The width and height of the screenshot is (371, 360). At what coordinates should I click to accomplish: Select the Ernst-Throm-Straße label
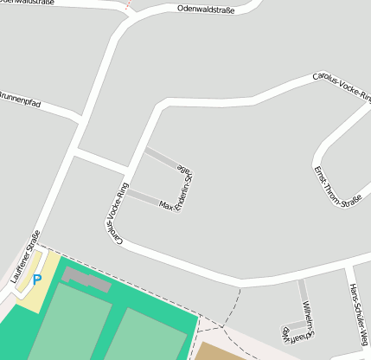pyautogui.click(x=337, y=187)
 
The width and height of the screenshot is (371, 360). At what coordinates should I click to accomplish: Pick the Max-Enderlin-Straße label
pyautogui.click(x=176, y=190)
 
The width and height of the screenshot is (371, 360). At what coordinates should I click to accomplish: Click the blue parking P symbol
pyautogui.click(x=36, y=279)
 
